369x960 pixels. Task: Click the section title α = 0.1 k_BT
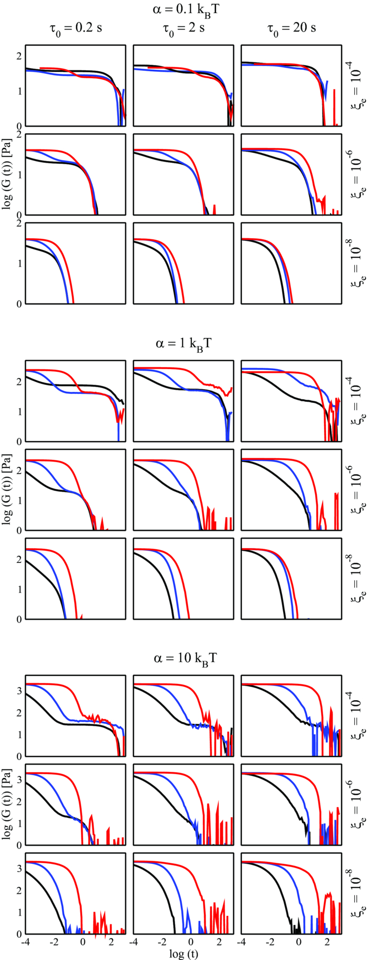tap(183, 9)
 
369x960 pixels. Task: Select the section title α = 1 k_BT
tap(183, 344)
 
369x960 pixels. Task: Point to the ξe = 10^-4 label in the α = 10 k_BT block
tap(355, 716)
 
